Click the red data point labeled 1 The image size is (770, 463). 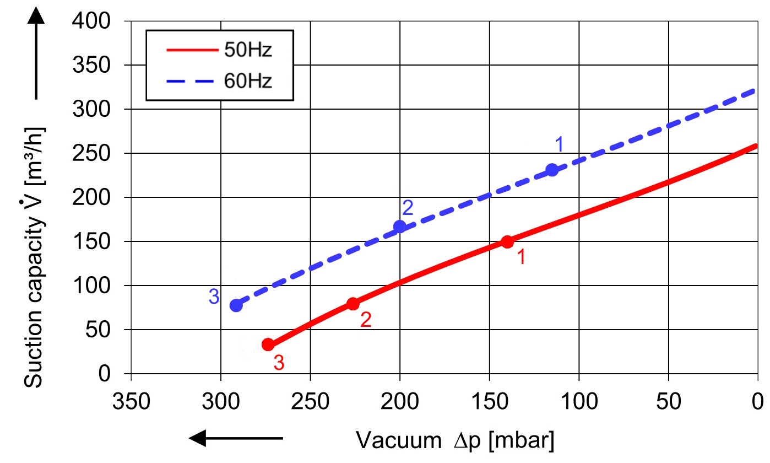507,241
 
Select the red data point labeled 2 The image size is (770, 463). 353,304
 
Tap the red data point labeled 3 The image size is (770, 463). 268,344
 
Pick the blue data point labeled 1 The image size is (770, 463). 552,170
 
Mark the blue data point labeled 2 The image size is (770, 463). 400,226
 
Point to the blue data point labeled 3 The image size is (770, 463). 236,305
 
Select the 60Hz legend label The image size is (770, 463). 248,81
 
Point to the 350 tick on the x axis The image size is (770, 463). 131,401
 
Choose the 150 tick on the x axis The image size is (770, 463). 489,401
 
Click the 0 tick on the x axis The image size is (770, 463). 758,401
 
